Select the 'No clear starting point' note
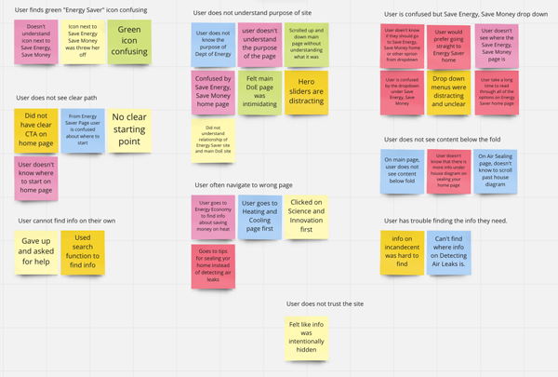pyautogui.click(x=129, y=130)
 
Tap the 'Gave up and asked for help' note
pyautogui.click(x=36, y=251)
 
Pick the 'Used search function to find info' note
pyautogui.click(x=82, y=251)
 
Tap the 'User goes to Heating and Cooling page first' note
pyautogui.click(x=259, y=216)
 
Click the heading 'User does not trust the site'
pyautogui.click(x=325, y=303)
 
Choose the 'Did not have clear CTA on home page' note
pyautogui.click(x=36, y=130)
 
